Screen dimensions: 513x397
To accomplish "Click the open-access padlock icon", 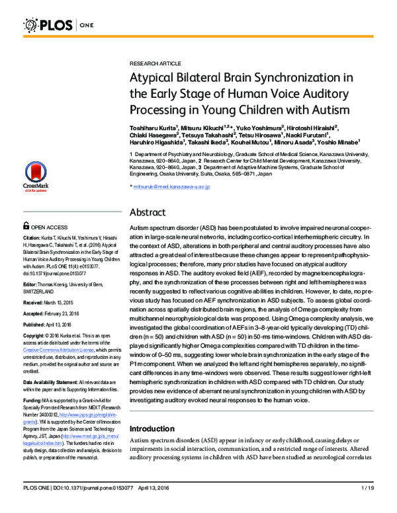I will pos(26,225).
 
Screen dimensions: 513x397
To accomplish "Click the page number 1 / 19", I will pos(369,506).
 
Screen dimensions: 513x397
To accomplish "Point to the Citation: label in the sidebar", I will pos(34,236).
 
